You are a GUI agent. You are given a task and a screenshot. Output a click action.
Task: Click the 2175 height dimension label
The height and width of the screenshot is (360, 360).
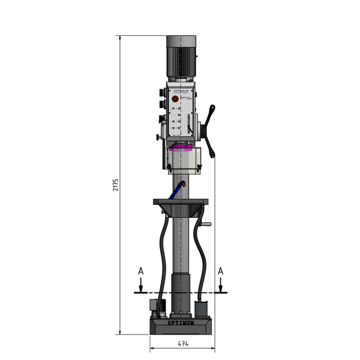(x=115, y=184)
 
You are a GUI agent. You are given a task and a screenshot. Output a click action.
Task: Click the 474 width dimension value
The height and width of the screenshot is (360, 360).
(x=182, y=343)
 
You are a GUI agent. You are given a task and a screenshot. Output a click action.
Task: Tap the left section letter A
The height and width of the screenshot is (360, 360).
(x=141, y=271)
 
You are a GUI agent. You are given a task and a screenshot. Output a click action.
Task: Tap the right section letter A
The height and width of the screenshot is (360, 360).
(x=220, y=271)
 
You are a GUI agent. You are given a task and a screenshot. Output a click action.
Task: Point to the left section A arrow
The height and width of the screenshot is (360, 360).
(x=141, y=285)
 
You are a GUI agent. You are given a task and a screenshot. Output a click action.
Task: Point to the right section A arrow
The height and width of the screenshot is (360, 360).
(x=220, y=285)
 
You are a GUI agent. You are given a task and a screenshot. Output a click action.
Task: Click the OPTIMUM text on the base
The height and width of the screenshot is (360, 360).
(x=181, y=323)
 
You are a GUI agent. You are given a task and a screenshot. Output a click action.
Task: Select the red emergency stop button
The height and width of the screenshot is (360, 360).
(x=175, y=99)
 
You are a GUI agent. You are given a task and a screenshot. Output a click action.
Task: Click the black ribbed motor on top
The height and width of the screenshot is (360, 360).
(x=181, y=57)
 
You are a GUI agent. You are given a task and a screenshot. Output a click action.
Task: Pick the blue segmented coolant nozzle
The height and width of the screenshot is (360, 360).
(x=179, y=189)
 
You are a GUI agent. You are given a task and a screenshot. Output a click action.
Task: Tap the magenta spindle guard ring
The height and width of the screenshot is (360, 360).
(x=182, y=148)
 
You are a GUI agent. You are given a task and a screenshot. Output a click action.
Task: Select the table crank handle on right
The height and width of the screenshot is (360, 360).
(x=205, y=223)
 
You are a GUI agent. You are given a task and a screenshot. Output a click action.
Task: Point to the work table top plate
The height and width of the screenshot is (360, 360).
(x=181, y=201)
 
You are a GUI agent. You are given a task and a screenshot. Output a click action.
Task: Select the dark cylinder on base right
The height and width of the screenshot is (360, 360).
(x=201, y=309)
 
